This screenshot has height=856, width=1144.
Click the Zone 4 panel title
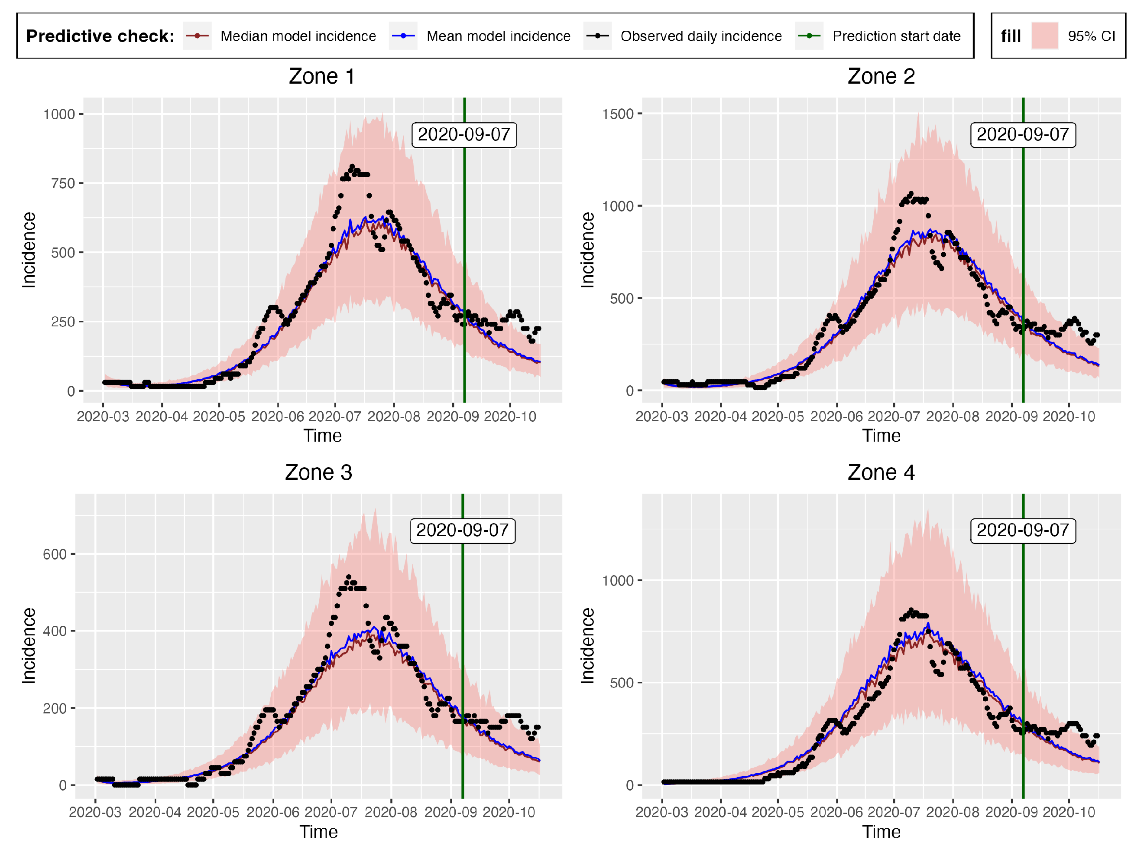[x=881, y=472]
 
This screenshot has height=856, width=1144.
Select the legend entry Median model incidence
[x=298, y=36]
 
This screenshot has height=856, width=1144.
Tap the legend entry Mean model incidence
[x=498, y=36]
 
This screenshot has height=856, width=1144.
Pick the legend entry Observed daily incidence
[x=701, y=36]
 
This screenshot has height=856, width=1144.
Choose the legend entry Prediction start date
[x=896, y=36]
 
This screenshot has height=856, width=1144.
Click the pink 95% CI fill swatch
[x=1044, y=36]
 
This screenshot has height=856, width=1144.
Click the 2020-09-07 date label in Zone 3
[x=462, y=531]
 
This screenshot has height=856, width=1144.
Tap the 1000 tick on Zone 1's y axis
[x=59, y=114]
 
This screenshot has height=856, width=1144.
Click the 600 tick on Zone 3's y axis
[x=55, y=554]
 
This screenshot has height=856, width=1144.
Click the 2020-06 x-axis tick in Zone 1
[x=277, y=417]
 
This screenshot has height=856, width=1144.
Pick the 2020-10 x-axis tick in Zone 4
[x=1069, y=813]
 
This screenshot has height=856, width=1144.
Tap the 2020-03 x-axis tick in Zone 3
[x=95, y=813]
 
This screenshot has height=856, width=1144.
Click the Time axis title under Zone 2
[x=881, y=436]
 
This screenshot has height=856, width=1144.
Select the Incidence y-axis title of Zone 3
[x=29, y=645]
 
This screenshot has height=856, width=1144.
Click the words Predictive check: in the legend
[x=100, y=36]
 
